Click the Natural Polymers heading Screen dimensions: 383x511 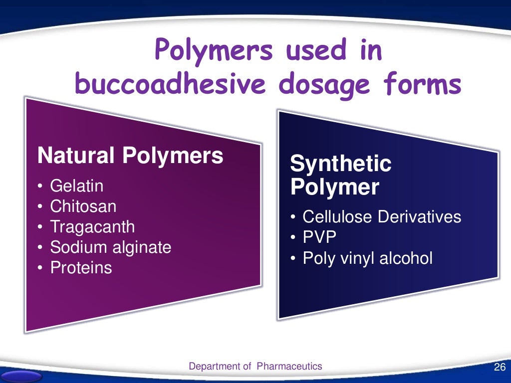click(130, 156)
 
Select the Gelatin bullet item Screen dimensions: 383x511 click(77, 186)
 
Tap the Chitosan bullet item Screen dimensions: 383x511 click(83, 206)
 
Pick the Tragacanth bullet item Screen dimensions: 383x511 click(92, 227)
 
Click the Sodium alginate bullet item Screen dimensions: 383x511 click(110, 247)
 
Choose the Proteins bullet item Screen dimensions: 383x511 click(81, 268)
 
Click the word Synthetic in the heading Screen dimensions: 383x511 click(341, 164)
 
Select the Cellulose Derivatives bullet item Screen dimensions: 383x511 click(382, 217)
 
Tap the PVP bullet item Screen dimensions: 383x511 click(320, 237)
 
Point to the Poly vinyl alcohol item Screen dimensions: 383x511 click(368, 258)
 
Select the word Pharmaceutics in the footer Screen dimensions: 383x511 click(289, 367)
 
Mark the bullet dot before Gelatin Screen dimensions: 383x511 click(40, 187)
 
